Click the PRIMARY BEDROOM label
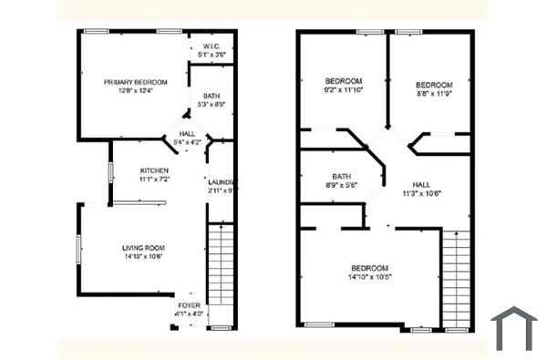pos(135,82)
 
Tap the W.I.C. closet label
pos(212,46)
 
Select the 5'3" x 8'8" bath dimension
pos(212,105)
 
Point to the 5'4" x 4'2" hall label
pos(186,142)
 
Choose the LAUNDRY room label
pos(222,180)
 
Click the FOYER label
pos(189,305)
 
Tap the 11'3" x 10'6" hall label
pos(421,193)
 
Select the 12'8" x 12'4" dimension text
pos(135,90)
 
